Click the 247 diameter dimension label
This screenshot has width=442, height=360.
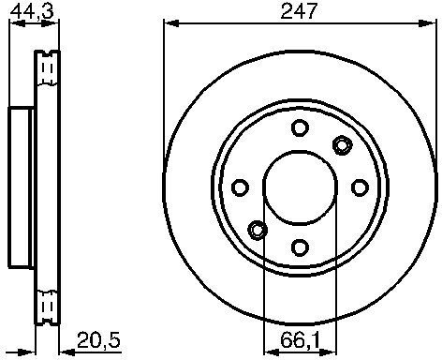tap(299, 10)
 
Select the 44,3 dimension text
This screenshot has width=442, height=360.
tap(32, 10)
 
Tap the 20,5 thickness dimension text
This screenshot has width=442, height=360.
tap(98, 340)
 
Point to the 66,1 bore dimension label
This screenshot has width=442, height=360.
tap(300, 340)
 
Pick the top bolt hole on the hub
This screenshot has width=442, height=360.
tap(300, 127)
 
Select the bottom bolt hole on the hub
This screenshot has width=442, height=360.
tap(300, 247)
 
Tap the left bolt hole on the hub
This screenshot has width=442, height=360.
tap(241, 187)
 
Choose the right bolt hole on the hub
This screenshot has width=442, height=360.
tap(360, 187)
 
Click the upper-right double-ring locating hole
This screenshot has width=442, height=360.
tap(343, 145)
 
